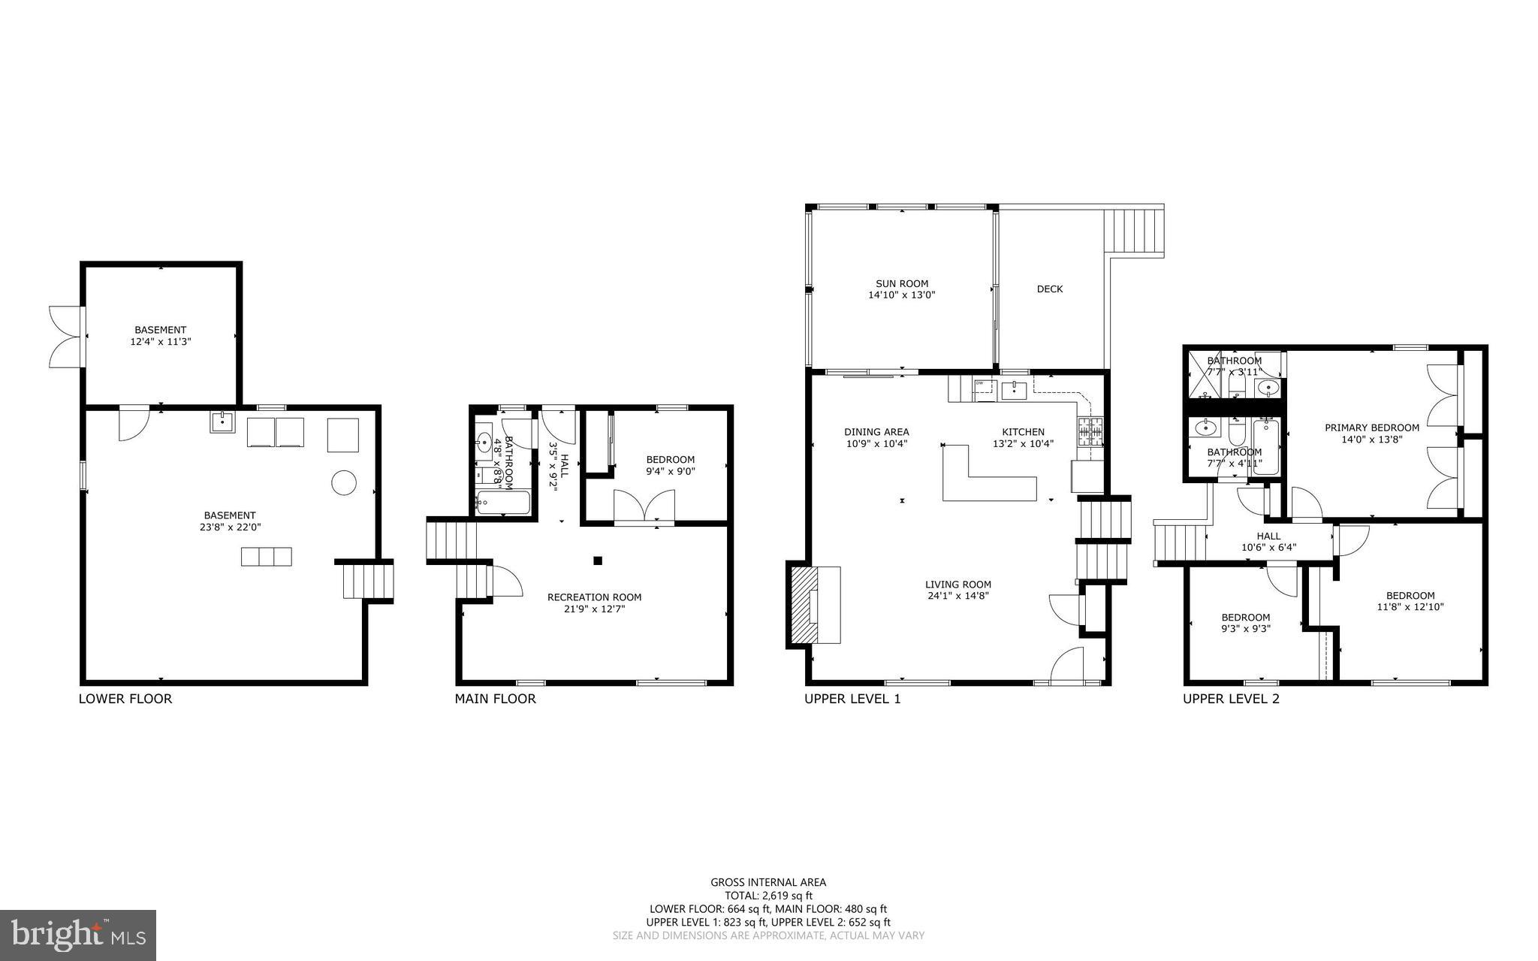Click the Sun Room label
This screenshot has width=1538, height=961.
(x=901, y=283)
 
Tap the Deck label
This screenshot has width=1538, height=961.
(x=1049, y=289)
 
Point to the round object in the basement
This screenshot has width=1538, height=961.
(x=344, y=482)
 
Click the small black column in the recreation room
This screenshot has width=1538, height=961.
(x=598, y=560)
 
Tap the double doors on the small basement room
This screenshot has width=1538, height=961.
(x=65, y=336)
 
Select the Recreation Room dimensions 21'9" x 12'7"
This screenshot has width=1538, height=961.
(x=594, y=609)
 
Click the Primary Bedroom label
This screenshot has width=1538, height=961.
(x=1371, y=428)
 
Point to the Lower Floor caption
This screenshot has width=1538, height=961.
(x=125, y=699)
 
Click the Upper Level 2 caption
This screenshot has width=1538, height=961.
(x=1231, y=699)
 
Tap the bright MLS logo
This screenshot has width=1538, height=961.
(x=78, y=935)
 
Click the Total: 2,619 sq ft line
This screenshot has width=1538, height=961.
(x=768, y=896)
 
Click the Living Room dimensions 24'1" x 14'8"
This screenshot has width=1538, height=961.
(x=957, y=597)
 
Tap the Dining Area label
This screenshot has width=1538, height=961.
(x=876, y=432)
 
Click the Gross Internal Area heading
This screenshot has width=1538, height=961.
(x=768, y=882)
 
